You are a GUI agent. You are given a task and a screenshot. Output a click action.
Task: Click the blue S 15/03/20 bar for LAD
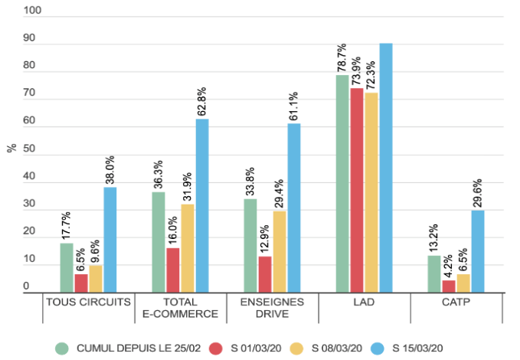coord(386,168)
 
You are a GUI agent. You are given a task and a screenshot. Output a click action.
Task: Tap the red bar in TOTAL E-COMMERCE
coord(173,270)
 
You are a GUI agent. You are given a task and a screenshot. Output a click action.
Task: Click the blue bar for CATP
coord(478,251)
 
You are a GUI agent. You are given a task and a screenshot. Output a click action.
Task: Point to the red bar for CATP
coord(449,286)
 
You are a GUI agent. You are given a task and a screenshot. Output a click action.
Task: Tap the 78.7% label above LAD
coord(342,57)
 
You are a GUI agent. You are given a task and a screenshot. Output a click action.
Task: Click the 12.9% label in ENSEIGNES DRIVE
coord(265,238)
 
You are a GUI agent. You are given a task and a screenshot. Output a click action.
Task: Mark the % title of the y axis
coord(11,148)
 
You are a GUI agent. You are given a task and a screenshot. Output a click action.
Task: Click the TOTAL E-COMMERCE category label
coord(181,307)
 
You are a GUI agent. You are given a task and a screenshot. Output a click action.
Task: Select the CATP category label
coord(456,301)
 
